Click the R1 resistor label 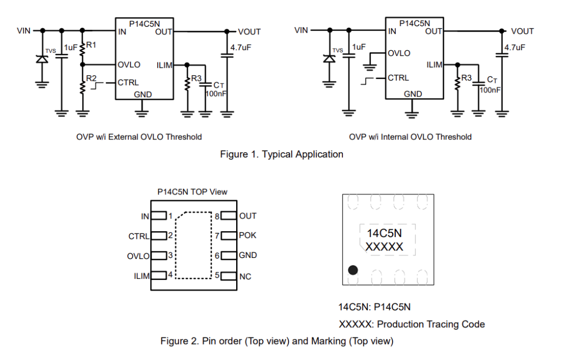pyautogui.click(x=91, y=45)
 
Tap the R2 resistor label pyautogui.click(x=91, y=79)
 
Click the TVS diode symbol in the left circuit pyautogui.click(x=42, y=58)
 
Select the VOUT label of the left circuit pyautogui.click(x=249, y=32)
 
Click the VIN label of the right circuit pyautogui.click(x=301, y=30)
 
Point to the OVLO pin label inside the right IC pyautogui.click(x=399, y=53)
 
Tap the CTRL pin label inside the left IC pyautogui.click(x=128, y=82)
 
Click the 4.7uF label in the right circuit pyautogui.click(x=515, y=48)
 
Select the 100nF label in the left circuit pyautogui.click(x=216, y=94)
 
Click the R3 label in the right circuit pyautogui.click(x=466, y=78)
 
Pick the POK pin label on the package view pyautogui.click(x=247, y=236)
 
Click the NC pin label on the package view pyautogui.click(x=245, y=277)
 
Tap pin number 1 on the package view pyautogui.click(x=170, y=216)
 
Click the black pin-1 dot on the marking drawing pyautogui.click(x=353, y=270)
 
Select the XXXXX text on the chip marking pyautogui.click(x=384, y=247)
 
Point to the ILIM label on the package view pyautogui.click(x=142, y=276)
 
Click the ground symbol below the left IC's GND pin pyautogui.click(x=142, y=114)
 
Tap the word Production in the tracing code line pyautogui.click(x=400, y=324)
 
